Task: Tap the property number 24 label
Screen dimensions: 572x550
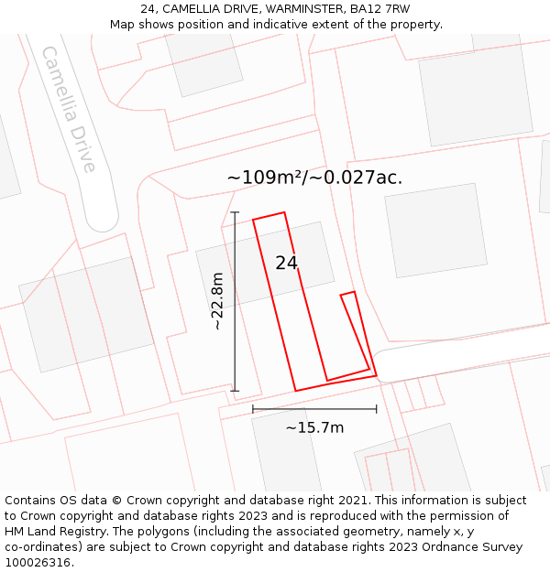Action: [286, 263]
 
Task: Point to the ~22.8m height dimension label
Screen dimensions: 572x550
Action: [216, 301]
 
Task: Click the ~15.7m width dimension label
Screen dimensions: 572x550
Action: [314, 427]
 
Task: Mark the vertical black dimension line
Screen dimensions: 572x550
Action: [235, 302]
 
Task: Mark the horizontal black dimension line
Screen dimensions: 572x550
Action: [314, 409]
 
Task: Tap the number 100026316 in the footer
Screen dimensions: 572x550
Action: [38, 562]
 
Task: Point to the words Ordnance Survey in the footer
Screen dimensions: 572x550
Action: [474, 546]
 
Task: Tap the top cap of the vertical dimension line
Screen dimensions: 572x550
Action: [235, 212]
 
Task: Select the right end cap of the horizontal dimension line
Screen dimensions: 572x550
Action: [377, 409]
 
